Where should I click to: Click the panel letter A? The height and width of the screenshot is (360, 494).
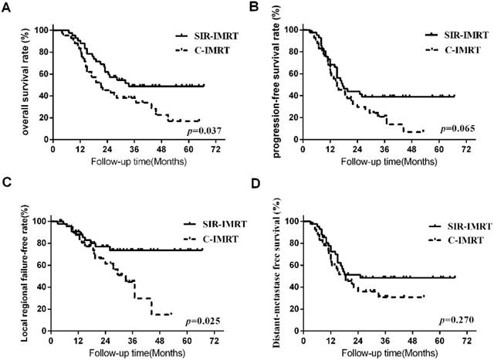tap(6, 6)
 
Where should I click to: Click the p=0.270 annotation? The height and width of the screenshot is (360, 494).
tap(454, 318)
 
